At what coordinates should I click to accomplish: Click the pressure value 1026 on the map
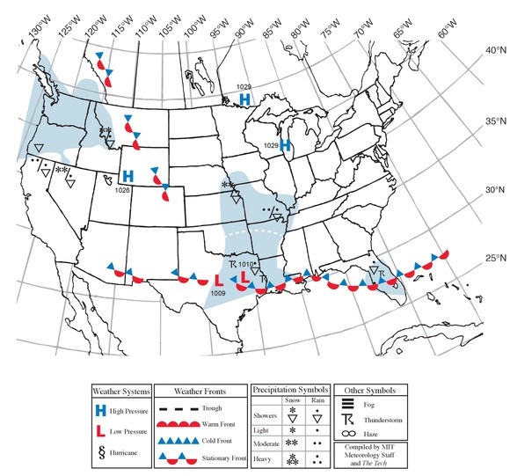[x=122, y=190]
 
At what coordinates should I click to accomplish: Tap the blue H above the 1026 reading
[x=127, y=176]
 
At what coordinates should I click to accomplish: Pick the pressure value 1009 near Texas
[x=217, y=291]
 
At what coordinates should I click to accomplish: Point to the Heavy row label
[x=265, y=459]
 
